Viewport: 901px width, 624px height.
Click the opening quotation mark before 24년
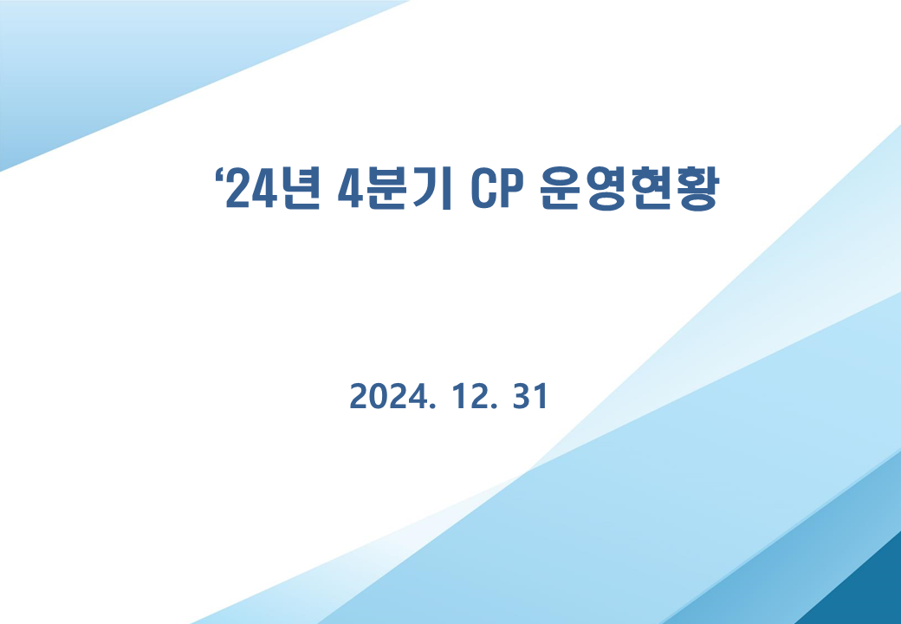click(x=219, y=175)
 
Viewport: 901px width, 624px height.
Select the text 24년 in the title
click(x=272, y=189)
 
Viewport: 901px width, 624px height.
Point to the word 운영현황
click(x=630, y=189)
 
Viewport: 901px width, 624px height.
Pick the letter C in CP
click(x=480, y=189)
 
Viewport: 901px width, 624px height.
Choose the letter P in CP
click(x=502, y=189)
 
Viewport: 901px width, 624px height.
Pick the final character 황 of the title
click(x=697, y=190)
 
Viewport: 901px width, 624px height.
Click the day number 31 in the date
click(x=530, y=396)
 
